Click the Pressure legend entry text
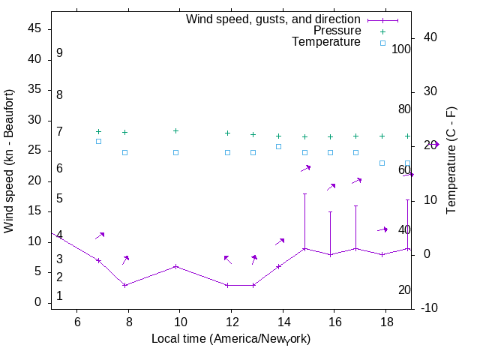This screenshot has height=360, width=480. click(337, 31)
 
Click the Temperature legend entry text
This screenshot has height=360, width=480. click(326, 42)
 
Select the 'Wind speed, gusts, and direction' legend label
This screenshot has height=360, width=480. click(273, 19)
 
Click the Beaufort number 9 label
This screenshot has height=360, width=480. click(59, 53)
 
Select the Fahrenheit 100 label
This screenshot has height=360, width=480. click(401, 49)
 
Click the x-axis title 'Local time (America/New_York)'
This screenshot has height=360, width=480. click(231, 339)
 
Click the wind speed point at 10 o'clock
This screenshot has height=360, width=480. click(175, 266)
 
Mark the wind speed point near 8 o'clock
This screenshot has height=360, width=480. click(125, 285)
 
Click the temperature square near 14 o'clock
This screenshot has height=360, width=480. click(278, 146)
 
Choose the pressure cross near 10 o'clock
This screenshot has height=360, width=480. click(175, 130)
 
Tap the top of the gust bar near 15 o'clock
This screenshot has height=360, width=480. click(304, 193)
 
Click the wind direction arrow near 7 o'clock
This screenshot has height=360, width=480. click(100, 235)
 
